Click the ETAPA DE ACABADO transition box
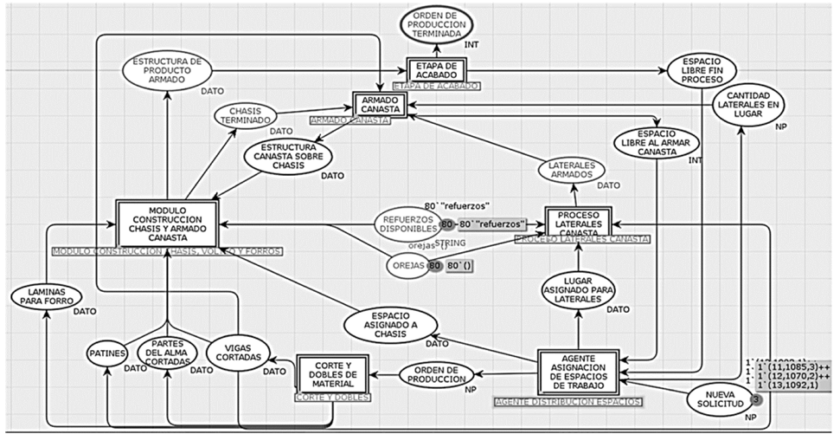pyautogui.click(x=436, y=69)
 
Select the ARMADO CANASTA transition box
pyautogui.click(x=378, y=105)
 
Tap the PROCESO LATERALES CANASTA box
pyautogui.click(x=578, y=220)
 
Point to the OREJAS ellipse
pyautogui.click(x=407, y=265)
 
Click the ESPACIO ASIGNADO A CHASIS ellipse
pyautogui.click(x=388, y=324)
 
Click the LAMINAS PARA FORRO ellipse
pyautogui.click(x=42, y=297)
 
